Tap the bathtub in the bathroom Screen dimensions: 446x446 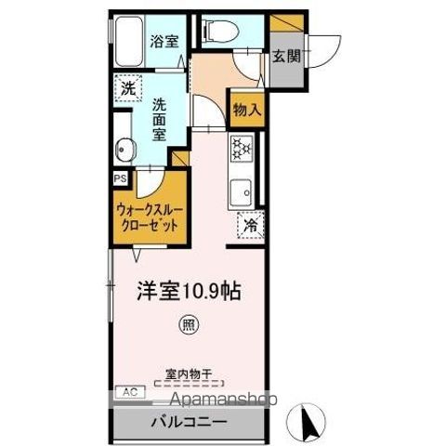click(128, 42)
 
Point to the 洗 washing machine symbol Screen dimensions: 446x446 click(127, 89)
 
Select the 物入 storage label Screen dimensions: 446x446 click(245, 110)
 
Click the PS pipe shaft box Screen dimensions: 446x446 click(120, 177)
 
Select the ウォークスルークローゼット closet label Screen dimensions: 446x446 click(148, 217)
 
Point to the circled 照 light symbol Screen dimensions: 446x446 click(190, 325)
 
